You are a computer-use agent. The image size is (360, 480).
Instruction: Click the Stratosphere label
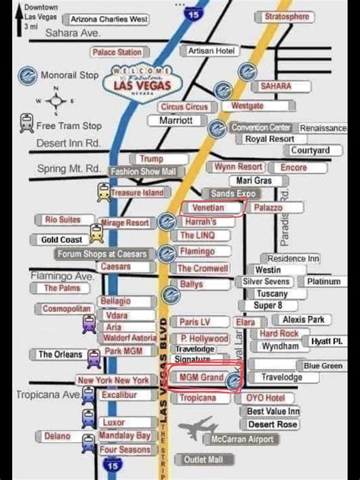coord(287,17)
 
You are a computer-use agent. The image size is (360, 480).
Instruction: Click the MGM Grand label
coord(201,377)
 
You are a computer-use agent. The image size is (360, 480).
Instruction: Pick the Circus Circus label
coord(185,107)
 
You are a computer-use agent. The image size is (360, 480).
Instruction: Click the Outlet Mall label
coord(204,459)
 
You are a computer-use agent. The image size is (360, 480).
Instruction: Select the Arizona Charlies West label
coord(109,19)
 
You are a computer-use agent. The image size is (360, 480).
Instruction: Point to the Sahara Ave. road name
coord(74,33)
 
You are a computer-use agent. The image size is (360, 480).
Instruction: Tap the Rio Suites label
coord(63,219)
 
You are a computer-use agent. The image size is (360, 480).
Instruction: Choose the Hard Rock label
coord(279,333)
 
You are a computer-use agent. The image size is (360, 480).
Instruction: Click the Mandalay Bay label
coord(125,436)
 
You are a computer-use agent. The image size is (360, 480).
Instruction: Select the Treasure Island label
coord(137,193)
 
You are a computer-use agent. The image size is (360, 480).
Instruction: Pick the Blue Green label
coord(324,365)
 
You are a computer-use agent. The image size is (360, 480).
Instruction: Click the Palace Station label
coord(117,52)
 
